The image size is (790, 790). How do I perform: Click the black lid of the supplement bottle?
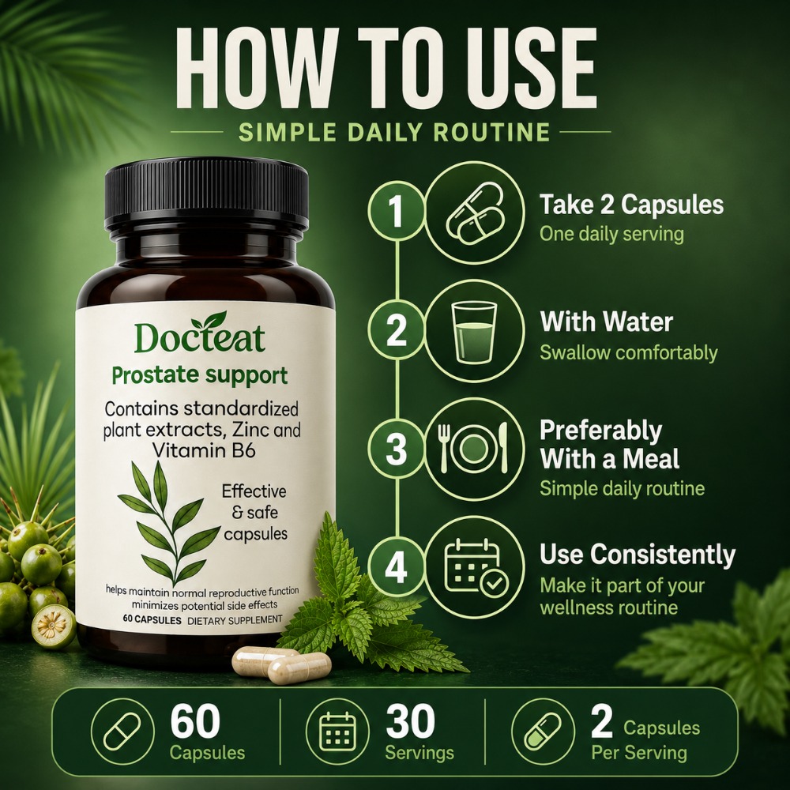coord(206,194)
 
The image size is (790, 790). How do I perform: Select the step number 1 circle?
coord(397,211)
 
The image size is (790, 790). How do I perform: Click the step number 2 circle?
coord(397,330)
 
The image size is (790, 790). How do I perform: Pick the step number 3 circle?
coord(397,449)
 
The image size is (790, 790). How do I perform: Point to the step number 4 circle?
coord(397,566)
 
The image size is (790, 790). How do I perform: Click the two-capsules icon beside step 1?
coord(475,212)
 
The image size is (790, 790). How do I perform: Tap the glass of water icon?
coord(474,332)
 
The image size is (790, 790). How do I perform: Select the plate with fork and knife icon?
coord(473,448)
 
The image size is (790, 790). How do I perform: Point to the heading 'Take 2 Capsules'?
coord(632,205)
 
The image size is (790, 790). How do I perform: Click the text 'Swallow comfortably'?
coord(629,352)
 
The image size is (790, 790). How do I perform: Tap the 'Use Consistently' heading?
coord(638,555)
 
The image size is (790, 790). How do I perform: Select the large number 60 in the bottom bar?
coord(195,721)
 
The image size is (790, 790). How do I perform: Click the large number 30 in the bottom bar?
coord(411,721)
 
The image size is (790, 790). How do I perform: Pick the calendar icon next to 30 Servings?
coord(338,731)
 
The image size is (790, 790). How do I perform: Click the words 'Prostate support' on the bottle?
coord(200,376)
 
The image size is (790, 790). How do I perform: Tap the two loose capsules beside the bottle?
coord(281,665)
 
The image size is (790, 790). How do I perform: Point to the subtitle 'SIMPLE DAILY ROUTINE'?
coord(394,132)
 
